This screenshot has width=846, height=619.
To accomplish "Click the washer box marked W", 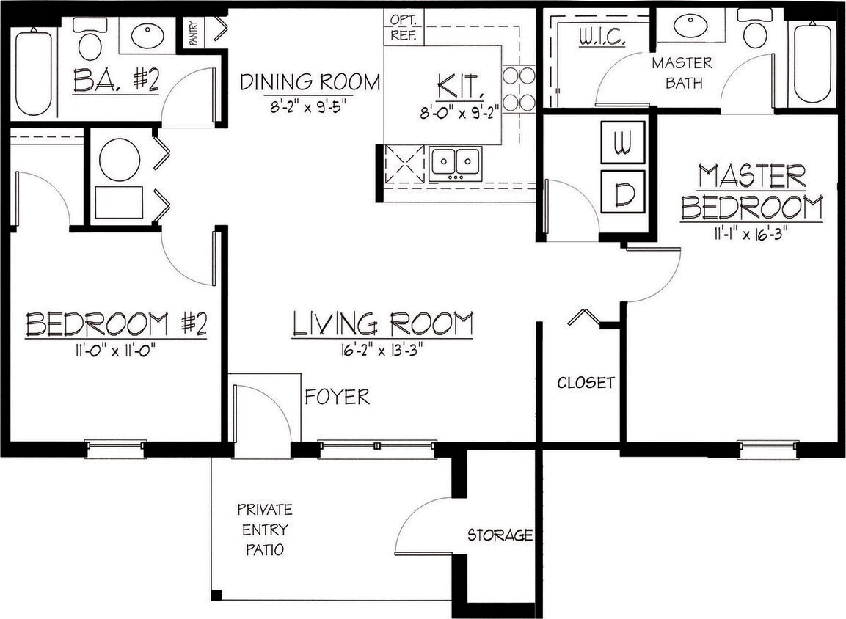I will (623, 142).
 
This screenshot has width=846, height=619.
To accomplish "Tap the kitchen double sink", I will (456, 162).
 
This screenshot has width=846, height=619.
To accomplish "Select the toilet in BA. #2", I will (90, 40).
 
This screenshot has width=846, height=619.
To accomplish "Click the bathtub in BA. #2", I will (34, 72).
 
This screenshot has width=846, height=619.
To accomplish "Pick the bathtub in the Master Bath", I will (812, 63).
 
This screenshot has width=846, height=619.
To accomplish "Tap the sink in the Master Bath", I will (690, 26).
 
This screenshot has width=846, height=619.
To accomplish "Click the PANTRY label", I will (194, 32).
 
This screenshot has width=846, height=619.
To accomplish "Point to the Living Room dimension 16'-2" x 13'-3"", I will (382, 349).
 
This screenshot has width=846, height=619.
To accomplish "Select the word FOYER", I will (337, 397).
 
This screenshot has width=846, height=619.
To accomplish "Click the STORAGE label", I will (500, 535).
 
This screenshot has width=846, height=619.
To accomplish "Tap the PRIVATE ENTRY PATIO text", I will (264, 530).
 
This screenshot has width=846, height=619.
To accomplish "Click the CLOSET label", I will (586, 382).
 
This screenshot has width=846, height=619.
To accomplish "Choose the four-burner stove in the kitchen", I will (518, 88).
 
